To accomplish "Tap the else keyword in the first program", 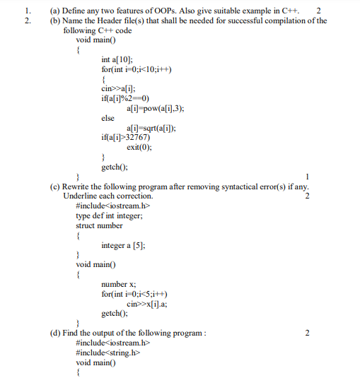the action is [x=110, y=118].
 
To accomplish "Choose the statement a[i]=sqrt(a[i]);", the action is [x=151, y=128].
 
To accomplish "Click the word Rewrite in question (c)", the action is [x=80, y=187].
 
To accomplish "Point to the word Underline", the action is [x=83, y=196].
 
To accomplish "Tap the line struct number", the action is [x=99, y=225].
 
